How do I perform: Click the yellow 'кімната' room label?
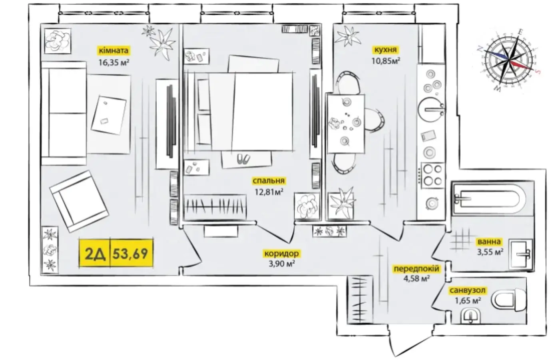coord(114,50)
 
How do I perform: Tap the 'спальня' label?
coord(269,180)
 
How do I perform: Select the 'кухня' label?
coord(385,50)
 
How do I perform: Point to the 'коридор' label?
coord(281,254)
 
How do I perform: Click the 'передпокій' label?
coord(417,269)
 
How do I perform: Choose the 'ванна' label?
coord(489,242)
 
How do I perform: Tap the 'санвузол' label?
coord(468,290)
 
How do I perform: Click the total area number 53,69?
coord(130,254)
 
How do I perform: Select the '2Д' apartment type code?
coord(95,254)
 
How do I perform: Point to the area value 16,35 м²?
coord(114,62)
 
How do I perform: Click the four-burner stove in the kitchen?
coord(433,176)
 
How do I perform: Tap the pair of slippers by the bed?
coord(243,159)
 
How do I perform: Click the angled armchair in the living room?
coord(79,201)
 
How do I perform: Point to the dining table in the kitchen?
coord(345,124)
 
